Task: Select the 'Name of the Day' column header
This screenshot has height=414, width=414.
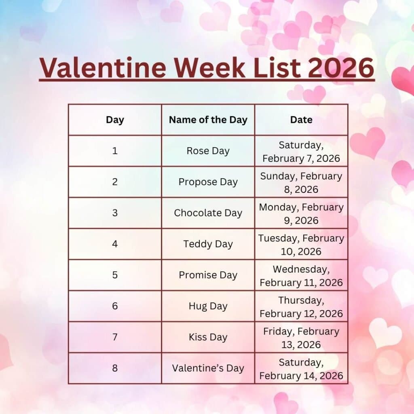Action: click(x=208, y=120)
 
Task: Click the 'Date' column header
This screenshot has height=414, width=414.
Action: click(x=301, y=120)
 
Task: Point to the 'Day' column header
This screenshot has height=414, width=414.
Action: click(x=115, y=120)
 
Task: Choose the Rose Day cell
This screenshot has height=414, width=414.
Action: click(x=208, y=151)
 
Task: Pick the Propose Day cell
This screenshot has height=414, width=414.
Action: click(x=208, y=182)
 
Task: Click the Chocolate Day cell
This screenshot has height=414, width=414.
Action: click(x=208, y=213)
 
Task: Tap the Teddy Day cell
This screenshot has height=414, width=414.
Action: click(x=208, y=244)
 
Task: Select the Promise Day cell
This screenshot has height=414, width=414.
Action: click(x=208, y=275)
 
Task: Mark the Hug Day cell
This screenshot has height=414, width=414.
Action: click(x=208, y=306)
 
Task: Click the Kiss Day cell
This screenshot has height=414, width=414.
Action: click(x=208, y=337)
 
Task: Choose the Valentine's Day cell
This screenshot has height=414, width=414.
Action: click(x=208, y=368)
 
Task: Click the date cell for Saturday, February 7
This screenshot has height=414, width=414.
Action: click(x=301, y=151)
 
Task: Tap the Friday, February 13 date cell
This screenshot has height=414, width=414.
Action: click(x=301, y=338)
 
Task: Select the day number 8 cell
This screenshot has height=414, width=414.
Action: click(x=115, y=368)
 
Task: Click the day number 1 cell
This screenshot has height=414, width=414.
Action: click(x=115, y=151)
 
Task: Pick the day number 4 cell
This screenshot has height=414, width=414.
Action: click(x=115, y=244)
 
